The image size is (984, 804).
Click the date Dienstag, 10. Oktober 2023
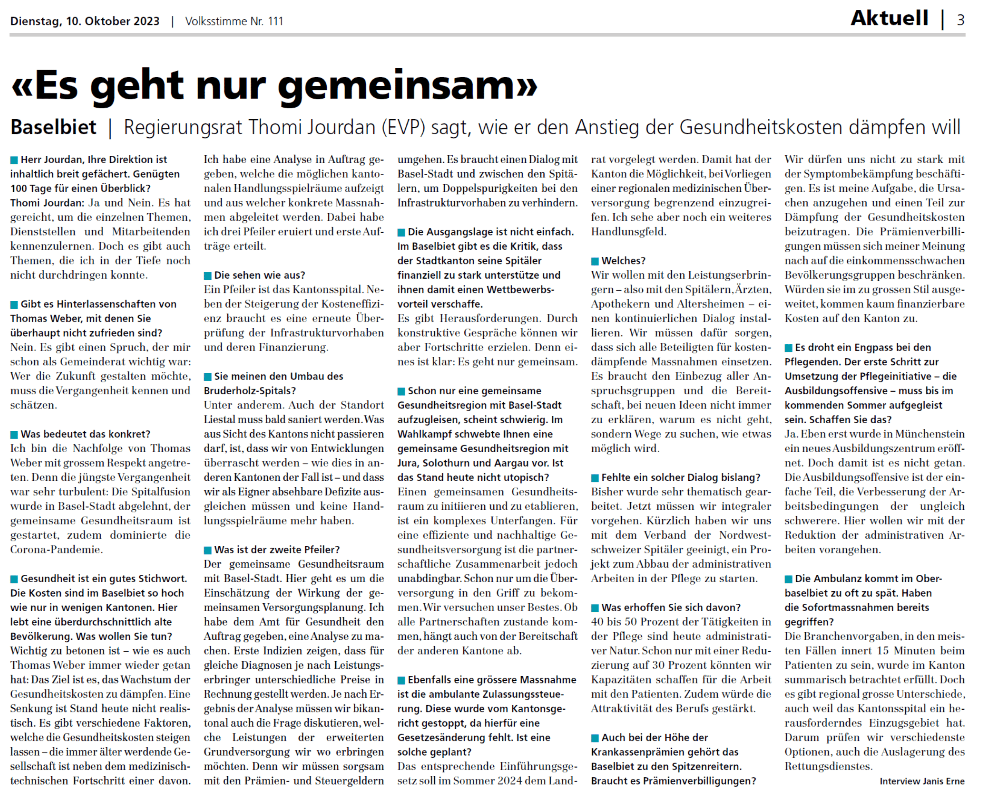[85, 21]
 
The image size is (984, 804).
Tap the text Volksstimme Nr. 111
[234, 21]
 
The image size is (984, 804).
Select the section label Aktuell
[889, 18]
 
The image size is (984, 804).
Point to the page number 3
[961, 20]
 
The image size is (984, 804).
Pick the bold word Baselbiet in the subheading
[53, 128]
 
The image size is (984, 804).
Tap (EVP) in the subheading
[403, 128]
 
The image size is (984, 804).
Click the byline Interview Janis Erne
[922, 781]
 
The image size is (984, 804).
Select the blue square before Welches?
[595, 261]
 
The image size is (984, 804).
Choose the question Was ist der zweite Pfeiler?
[277, 550]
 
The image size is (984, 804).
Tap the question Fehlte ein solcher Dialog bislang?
[681, 477]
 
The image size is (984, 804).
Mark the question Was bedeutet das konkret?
[85, 434]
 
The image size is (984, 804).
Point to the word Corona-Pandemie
[56, 550]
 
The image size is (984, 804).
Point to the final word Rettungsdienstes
[828, 766]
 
